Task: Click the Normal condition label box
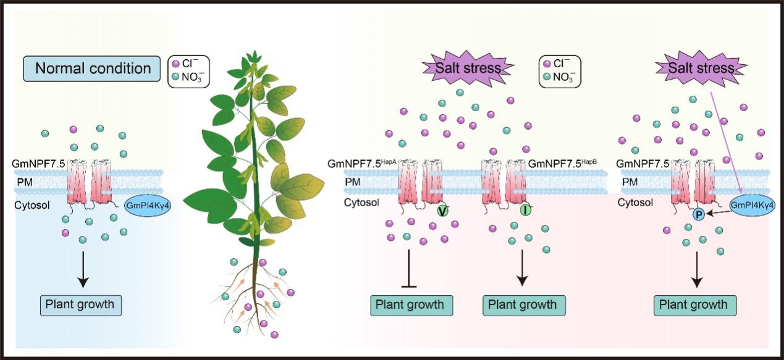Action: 93,68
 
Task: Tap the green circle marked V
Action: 442,211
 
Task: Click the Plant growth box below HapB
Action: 523,304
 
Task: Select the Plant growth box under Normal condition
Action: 80,304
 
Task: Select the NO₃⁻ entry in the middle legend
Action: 560,78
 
